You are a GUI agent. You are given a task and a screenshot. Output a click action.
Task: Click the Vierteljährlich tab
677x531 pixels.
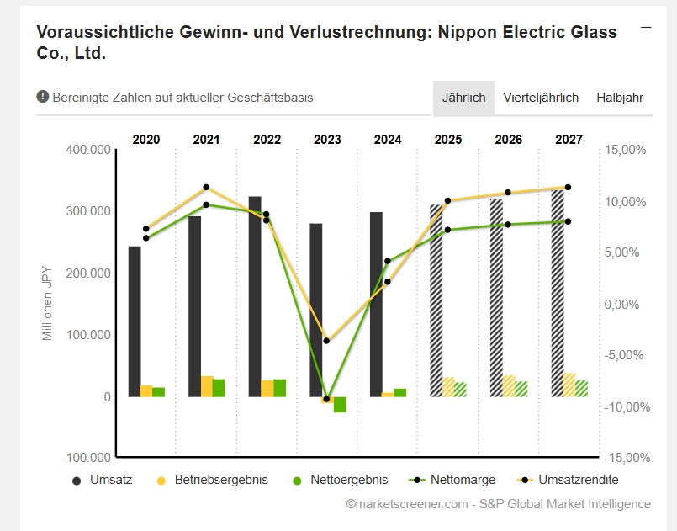pyautogui.click(x=541, y=98)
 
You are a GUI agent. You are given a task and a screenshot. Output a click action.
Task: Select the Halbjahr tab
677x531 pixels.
pyautogui.click(x=620, y=98)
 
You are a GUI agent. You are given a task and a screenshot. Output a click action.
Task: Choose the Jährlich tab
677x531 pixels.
pyautogui.click(x=463, y=98)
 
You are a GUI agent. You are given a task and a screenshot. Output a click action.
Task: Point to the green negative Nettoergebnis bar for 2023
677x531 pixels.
pyautogui.click(x=340, y=405)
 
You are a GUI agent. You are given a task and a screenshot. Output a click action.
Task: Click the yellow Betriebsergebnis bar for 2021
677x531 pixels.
pyautogui.click(x=207, y=386)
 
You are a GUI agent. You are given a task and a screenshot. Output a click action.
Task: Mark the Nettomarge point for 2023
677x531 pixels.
pyautogui.click(x=327, y=399)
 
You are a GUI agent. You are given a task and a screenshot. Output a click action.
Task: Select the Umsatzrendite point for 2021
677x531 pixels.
pyautogui.click(x=207, y=188)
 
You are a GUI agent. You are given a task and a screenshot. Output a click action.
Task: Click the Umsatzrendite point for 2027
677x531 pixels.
pyautogui.click(x=568, y=187)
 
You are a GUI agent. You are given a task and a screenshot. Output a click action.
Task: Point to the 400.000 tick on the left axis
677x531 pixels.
pyautogui.click(x=88, y=150)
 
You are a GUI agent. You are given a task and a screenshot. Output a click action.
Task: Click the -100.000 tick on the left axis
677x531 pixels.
pyautogui.click(x=87, y=458)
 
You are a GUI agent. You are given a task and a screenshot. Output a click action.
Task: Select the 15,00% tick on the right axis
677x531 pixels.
pyautogui.click(x=625, y=150)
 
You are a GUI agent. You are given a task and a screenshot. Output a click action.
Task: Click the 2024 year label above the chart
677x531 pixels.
pyautogui.click(x=388, y=140)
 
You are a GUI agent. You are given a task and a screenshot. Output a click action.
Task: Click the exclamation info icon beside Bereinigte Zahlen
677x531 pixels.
pyautogui.click(x=43, y=97)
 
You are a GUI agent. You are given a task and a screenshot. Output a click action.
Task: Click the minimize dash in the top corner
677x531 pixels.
pyautogui.click(x=646, y=28)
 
